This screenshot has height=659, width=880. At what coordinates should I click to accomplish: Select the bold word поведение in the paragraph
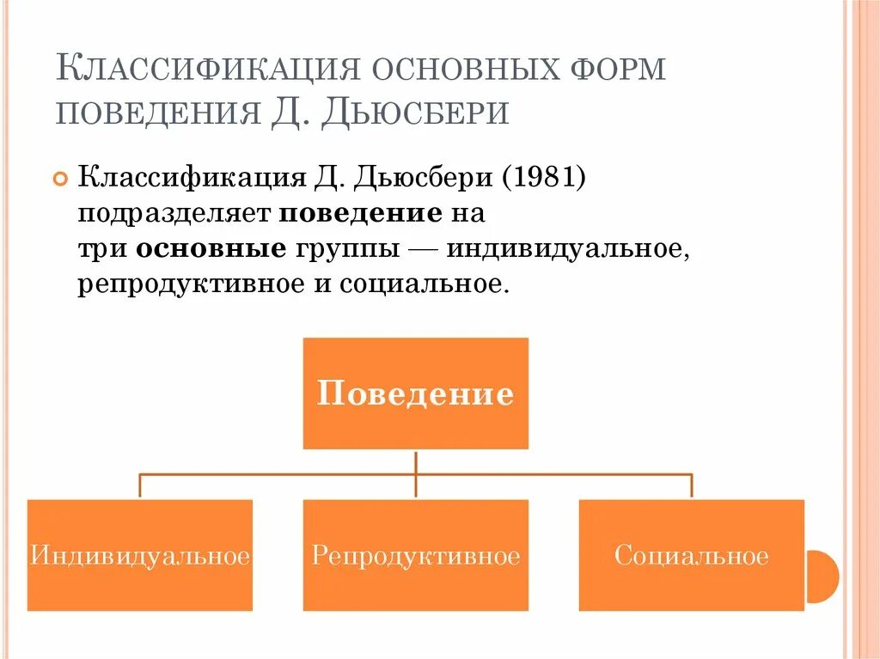360,214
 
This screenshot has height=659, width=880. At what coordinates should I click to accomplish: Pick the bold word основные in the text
211,249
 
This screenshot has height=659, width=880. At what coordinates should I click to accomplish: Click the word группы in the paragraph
348,249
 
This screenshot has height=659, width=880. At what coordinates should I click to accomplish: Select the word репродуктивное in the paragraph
186,284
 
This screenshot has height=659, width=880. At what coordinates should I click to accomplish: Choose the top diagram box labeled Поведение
416,394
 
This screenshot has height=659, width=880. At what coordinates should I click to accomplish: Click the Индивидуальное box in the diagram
140,555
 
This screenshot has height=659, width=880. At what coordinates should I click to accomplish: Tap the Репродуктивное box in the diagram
416,555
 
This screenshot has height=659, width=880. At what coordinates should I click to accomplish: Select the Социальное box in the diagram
692,555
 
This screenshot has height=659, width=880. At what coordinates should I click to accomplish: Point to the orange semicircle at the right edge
825,576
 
